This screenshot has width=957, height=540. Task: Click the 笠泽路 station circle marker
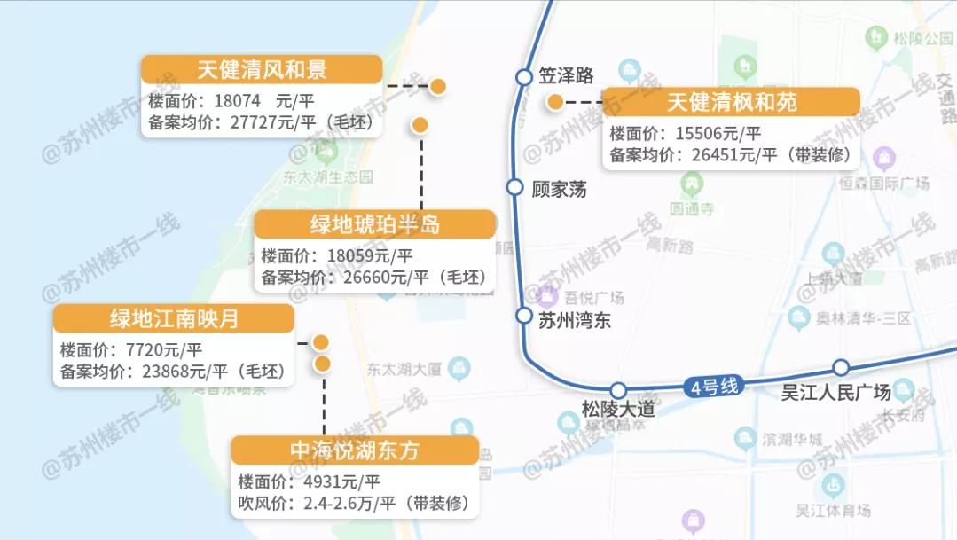(x=524, y=77)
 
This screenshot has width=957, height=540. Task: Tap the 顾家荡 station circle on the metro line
(x=515, y=187)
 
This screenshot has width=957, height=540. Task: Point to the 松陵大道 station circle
(x=618, y=390)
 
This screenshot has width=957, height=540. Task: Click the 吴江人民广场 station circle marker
(x=841, y=368)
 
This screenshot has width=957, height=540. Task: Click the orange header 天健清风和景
(x=262, y=70)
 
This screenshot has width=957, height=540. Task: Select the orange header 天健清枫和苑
(x=731, y=102)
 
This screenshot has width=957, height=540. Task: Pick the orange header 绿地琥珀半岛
(x=374, y=224)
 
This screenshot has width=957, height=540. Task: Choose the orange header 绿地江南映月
(x=173, y=319)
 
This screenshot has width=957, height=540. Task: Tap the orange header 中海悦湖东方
(x=355, y=450)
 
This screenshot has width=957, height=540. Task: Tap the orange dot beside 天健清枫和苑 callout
(x=555, y=102)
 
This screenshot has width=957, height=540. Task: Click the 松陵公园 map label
(x=923, y=38)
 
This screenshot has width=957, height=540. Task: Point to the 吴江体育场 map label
(x=833, y=510)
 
